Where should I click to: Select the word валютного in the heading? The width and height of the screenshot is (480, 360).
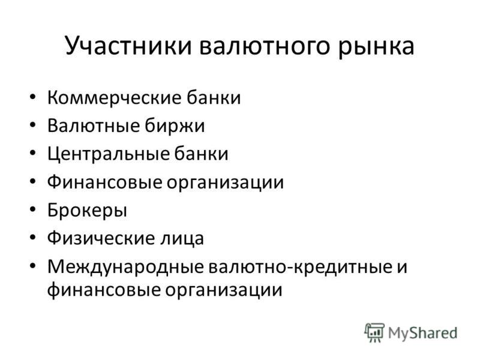click(265, 47)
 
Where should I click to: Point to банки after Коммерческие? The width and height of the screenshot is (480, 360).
click(214, 97)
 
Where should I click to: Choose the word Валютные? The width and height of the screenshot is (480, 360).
click(93, 126)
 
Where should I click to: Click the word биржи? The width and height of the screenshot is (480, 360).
click(175, 127)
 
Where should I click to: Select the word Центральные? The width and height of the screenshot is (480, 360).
click(108, 154)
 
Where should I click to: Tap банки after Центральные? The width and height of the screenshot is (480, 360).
click(202, 154)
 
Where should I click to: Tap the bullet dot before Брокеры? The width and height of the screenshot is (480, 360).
click(33, 210)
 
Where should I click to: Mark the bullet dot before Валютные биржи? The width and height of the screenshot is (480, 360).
click(33, 125)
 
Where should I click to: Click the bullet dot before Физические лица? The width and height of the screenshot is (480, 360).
click(33, 238)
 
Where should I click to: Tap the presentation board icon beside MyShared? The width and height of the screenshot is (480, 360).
click(374, 332)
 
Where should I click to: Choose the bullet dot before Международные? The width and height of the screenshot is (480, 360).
click(33, 266)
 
